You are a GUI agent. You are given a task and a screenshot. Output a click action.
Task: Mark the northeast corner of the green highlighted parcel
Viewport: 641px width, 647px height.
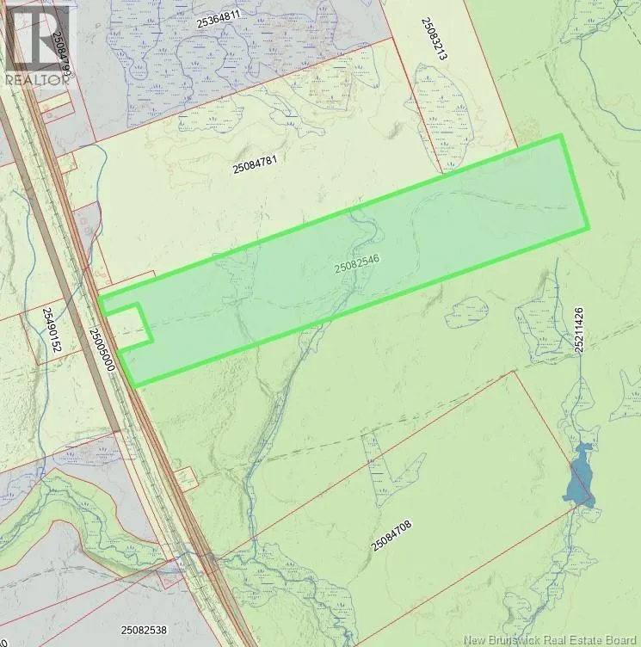coord(561,136)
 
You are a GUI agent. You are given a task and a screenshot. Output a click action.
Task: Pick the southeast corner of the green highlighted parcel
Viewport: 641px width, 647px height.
coord(589,228)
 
